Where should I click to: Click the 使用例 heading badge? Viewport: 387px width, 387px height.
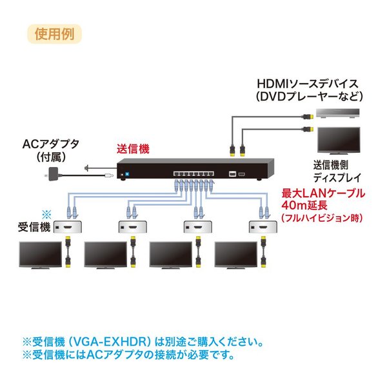click(x=54, y=34)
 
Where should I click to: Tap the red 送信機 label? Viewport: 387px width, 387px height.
click(x=133, y=150)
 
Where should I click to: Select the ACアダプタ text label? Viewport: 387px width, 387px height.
click(x=50, y=144)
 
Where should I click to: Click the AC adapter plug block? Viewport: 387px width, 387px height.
click(x=53, y=174)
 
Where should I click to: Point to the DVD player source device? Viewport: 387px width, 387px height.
click(x=338, y=114)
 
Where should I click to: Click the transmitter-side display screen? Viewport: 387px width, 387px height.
click(x=339, y=141)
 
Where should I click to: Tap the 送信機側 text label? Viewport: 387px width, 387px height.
click(x=331, y=165)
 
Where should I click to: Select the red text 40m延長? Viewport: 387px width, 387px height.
click(x=304, y=205)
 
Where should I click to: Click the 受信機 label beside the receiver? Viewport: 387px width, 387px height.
click(x=34, y=227)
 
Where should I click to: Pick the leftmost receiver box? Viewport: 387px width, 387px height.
click(x=68, y=226)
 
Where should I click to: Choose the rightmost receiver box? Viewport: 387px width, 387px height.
click(x=263, y=226)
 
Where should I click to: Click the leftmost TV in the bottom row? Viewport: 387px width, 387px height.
click(x=41, y=255)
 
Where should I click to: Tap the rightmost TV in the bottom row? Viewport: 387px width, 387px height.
click(x=236, y=255)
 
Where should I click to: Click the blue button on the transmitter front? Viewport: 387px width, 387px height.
click(x=127, y=174)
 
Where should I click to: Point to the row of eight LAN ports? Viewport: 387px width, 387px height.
click(x=193, y=174)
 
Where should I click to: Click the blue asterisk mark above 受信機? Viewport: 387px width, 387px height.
click(x=46, y=214)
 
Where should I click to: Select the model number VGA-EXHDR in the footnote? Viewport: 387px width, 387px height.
click(x=112, y=342)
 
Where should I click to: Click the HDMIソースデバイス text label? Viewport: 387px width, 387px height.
click(x=308, y=84)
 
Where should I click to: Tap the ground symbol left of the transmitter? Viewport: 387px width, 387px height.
click(x=86, y=168)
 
